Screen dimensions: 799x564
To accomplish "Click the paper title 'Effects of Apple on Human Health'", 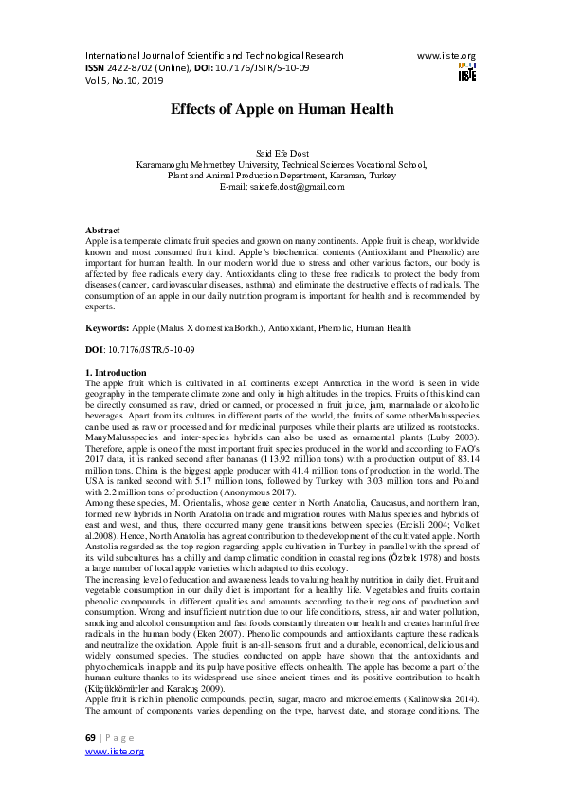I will pyautogui.click(x=282, y=109).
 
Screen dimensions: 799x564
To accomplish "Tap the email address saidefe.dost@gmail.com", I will pyautogui.click(x=282, y=187).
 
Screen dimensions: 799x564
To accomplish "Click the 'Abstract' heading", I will pyautogui.click(x=102, y=231).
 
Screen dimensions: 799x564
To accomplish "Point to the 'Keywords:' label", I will pyautogui.click(x=106, y=327).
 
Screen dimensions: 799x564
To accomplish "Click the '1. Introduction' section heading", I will pyautogui.click(x=116, y=373).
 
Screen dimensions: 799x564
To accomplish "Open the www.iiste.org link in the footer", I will pyautogui.click(x=114, y=777).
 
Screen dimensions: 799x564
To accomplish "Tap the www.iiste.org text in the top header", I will pyautogui.click(x=446, y=56).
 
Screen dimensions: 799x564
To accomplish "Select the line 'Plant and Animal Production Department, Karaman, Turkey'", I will pyautogui.click(x=282, y=177).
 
